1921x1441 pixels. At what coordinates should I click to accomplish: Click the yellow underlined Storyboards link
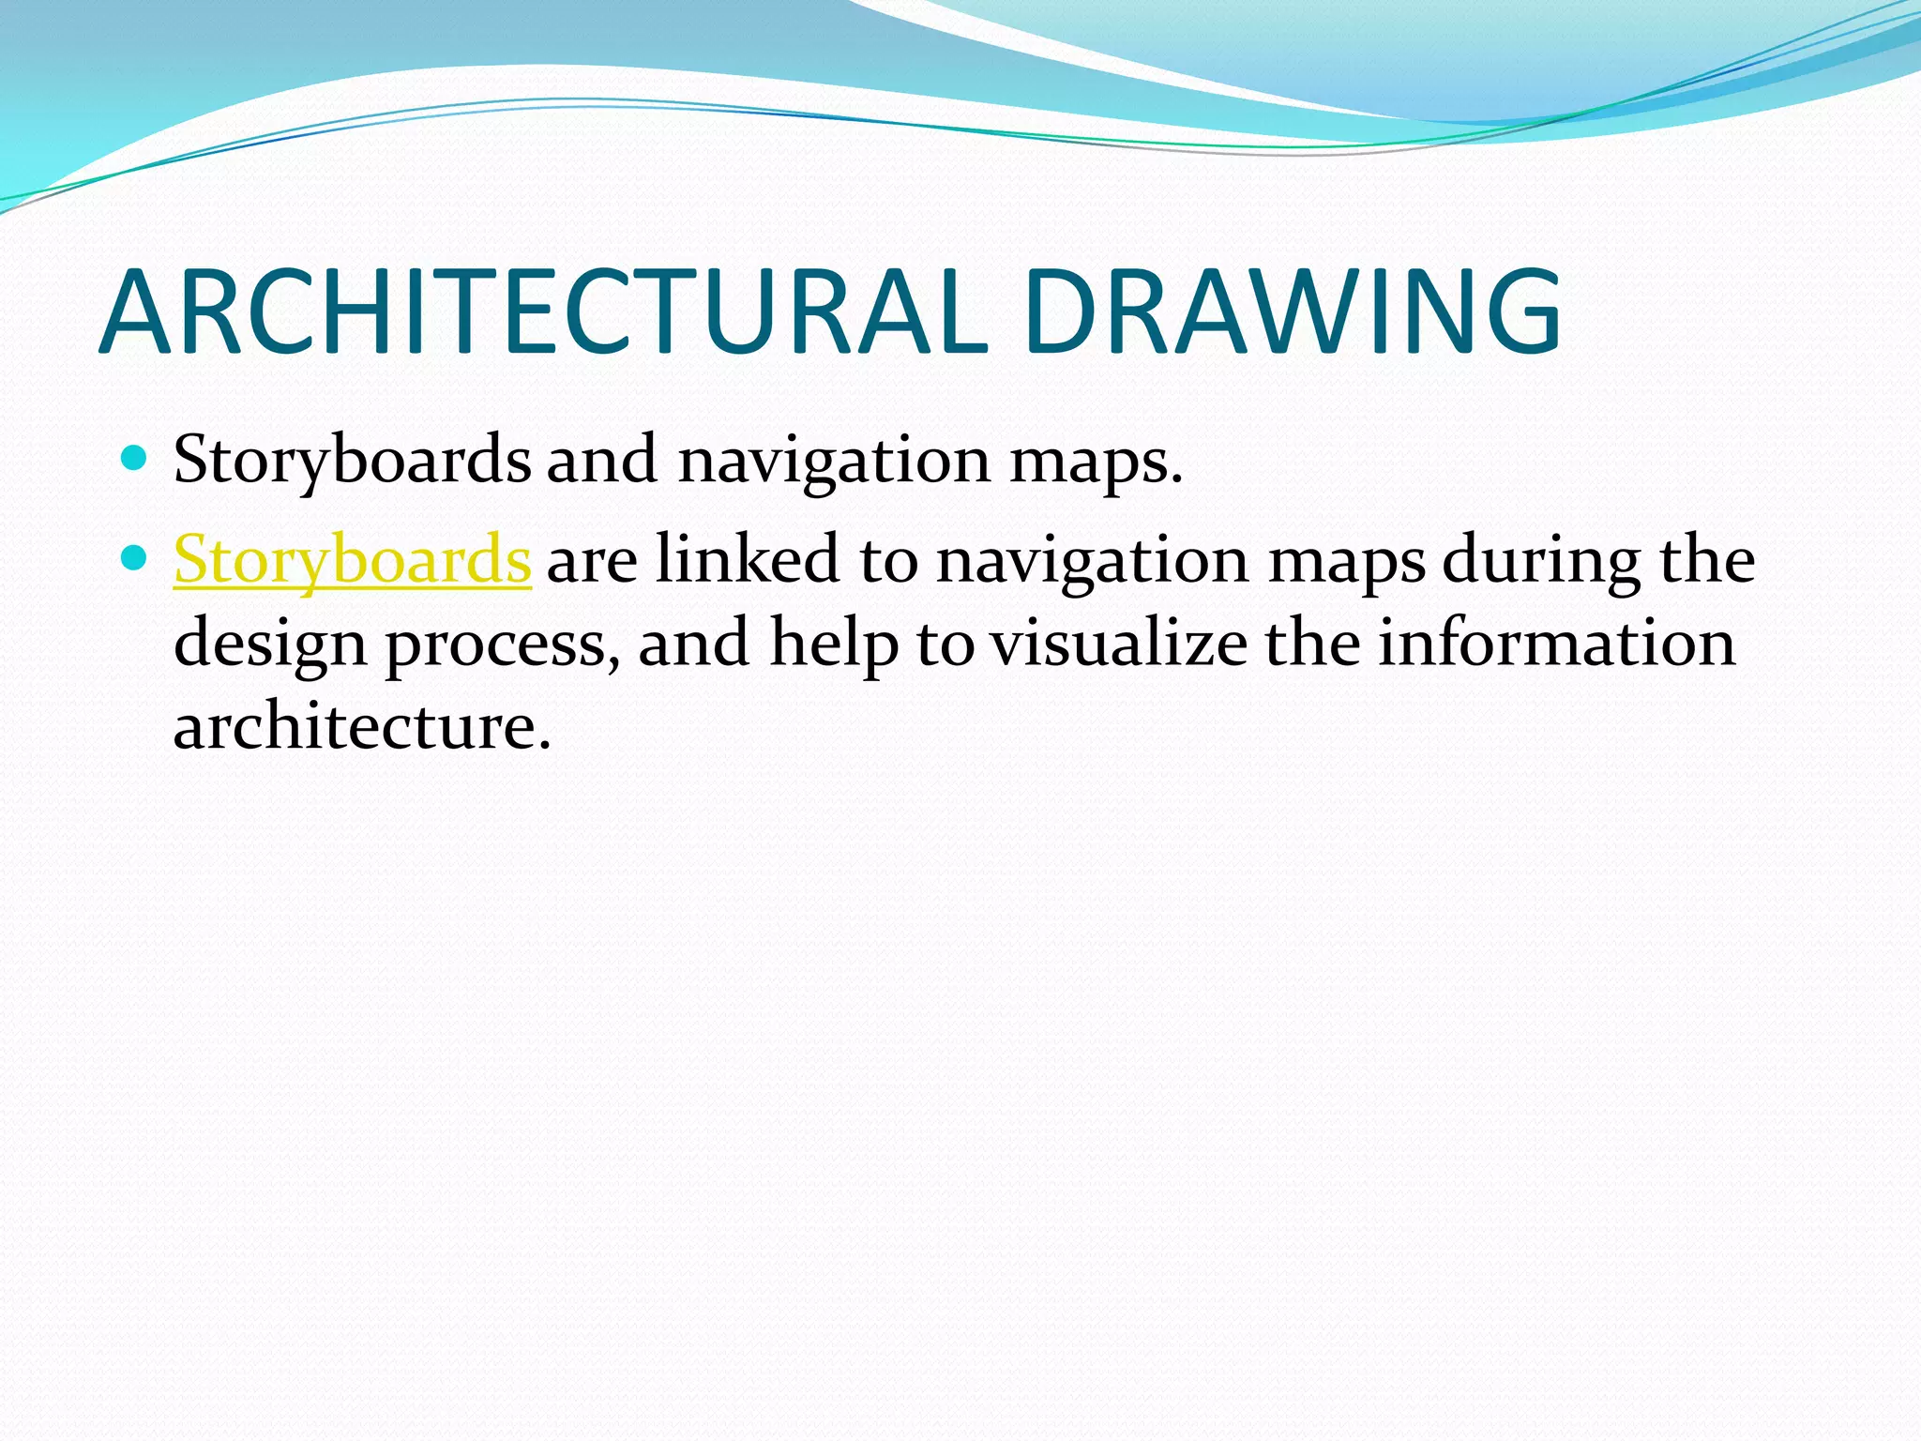tap(352, 560)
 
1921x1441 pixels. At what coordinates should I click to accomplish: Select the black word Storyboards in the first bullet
tap(352, 460)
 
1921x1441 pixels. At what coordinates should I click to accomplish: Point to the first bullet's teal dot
tap(135, 458)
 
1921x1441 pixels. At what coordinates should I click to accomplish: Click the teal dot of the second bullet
tap(135, 558)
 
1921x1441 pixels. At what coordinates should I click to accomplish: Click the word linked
tap(747, 560)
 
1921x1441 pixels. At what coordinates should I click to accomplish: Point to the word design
tap(270, 645)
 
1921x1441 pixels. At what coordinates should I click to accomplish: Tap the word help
tap(833, 644)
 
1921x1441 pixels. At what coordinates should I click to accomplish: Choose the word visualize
tap(1119, 644)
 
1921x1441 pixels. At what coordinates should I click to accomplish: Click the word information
tap(1556, 644)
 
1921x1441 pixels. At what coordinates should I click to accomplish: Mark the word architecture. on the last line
tap(362, 726)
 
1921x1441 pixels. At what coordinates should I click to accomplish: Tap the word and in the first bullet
tap(601, 460)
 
